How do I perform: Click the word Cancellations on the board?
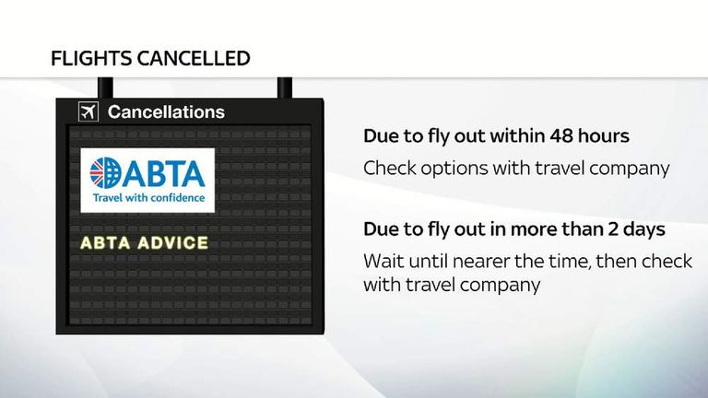(x=166, y=112)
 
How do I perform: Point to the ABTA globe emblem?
(x=106, y=172)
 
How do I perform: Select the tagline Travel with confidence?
(x=147, y=196)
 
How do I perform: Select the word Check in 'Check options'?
(x=386, y=169)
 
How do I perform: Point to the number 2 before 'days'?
(x=620, y=229)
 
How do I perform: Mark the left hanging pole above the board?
(x=106, y=87)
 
